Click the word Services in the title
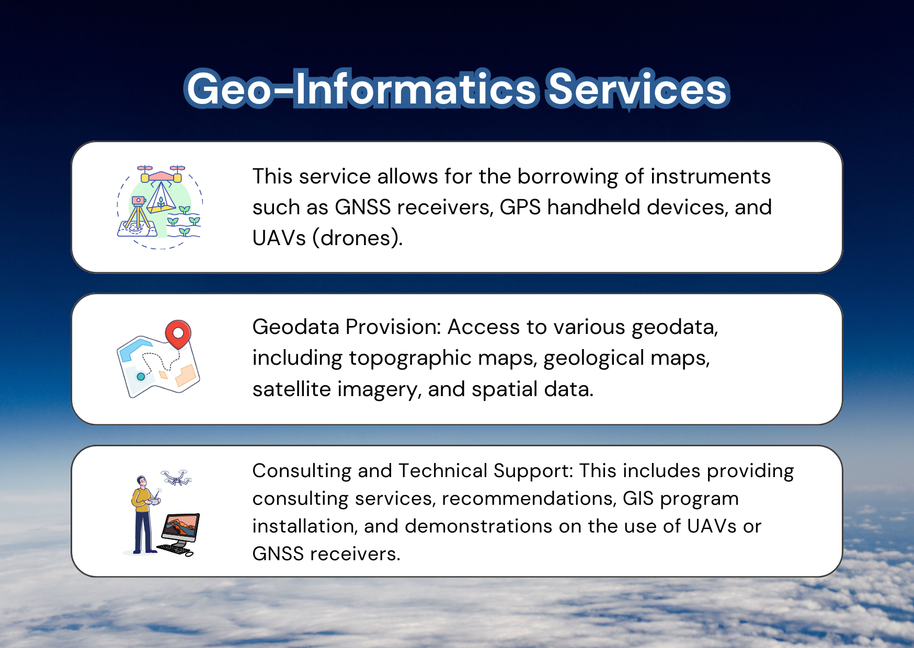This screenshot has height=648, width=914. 637,89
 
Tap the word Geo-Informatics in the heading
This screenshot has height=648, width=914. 361,89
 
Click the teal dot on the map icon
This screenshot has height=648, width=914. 141,376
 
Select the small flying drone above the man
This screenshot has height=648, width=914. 176,478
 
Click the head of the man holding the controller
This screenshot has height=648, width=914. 141,481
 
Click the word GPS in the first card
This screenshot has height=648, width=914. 520,207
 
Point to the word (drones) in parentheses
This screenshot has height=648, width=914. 358,238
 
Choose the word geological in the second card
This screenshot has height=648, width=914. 594,358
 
